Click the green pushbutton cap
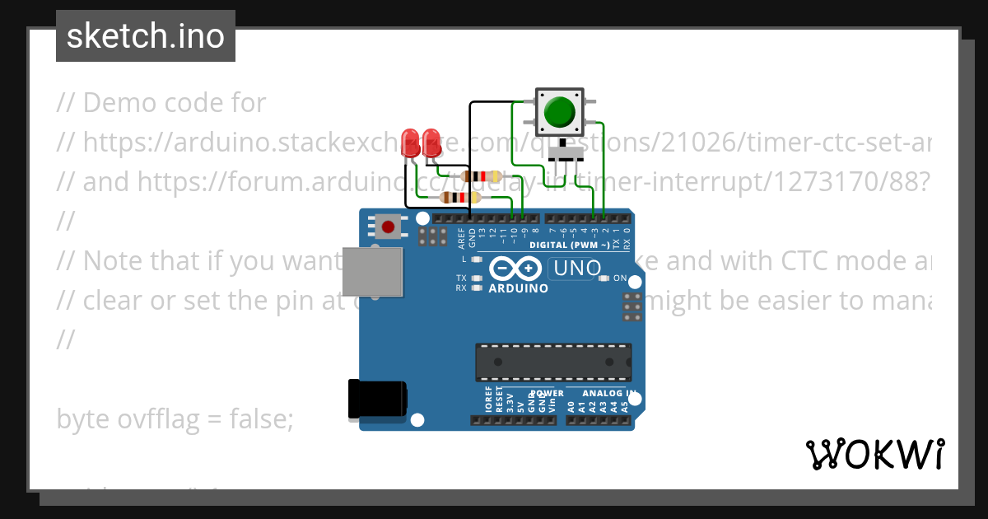(x=559, y=111)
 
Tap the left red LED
(x=410, y=139)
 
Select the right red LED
(x=431, y=139)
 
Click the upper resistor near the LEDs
(x=482, y=175)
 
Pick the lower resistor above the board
(x=460, y=197)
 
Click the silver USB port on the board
(x=373, y=271)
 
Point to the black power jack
(x=377, y=399)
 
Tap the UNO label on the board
(x=577, y=269)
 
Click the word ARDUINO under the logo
(x=519, y=289)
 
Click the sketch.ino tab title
(x=146, y=36)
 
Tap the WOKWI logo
(x=875, y=454)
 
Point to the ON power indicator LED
(x=605, y=278)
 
